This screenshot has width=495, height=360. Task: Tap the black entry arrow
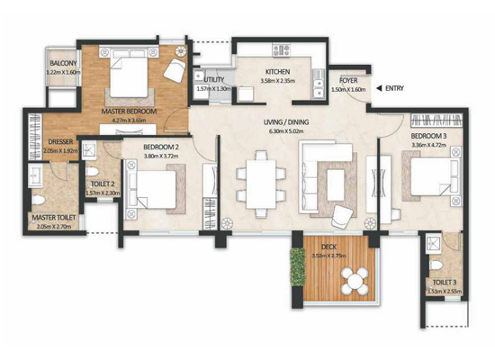tap(379, 87)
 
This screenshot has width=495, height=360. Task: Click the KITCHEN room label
tap(276, 72)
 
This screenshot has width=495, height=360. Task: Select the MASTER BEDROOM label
tap(130, 111)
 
